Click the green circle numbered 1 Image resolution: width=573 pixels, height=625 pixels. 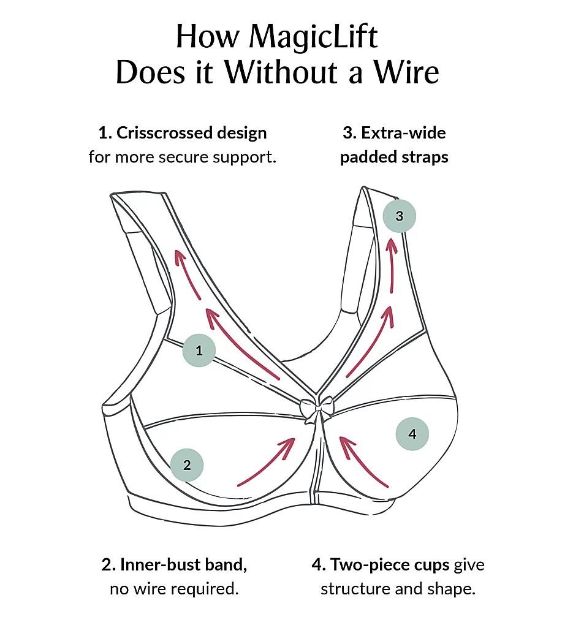point(199,351)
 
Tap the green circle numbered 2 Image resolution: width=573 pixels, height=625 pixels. point(187,464)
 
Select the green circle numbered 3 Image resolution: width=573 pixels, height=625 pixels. point(400,216)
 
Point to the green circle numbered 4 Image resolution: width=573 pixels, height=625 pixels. point(412,434)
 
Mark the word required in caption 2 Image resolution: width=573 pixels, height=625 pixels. point(205,589)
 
